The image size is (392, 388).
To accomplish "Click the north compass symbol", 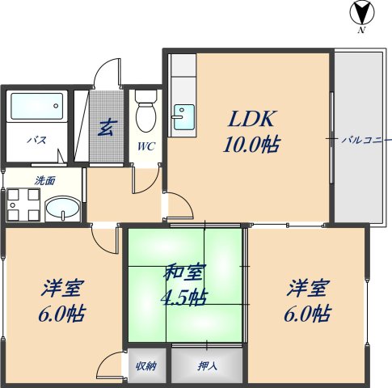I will (x=360, y=15).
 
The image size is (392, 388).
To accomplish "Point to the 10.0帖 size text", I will (x=252, y=145).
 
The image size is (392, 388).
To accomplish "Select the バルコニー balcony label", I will (x=360, y=139).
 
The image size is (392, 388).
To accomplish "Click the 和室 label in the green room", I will (x=185, y=273).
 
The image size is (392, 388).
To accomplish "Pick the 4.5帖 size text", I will (x=185, y=297).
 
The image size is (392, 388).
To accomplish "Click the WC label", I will (x=145, y=146).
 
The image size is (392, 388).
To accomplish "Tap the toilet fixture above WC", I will (x=145, y=111).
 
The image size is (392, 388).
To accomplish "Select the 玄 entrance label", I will (x=105, y=127).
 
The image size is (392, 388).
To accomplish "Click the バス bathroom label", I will (x=36, y=139).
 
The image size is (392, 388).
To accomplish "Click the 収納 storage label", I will (x=146, y=366).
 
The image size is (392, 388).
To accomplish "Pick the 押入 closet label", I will (x=207, y=366).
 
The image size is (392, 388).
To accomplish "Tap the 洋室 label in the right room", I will (x=308, y=287).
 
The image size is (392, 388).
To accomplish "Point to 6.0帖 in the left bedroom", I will (x=61, y=314).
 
